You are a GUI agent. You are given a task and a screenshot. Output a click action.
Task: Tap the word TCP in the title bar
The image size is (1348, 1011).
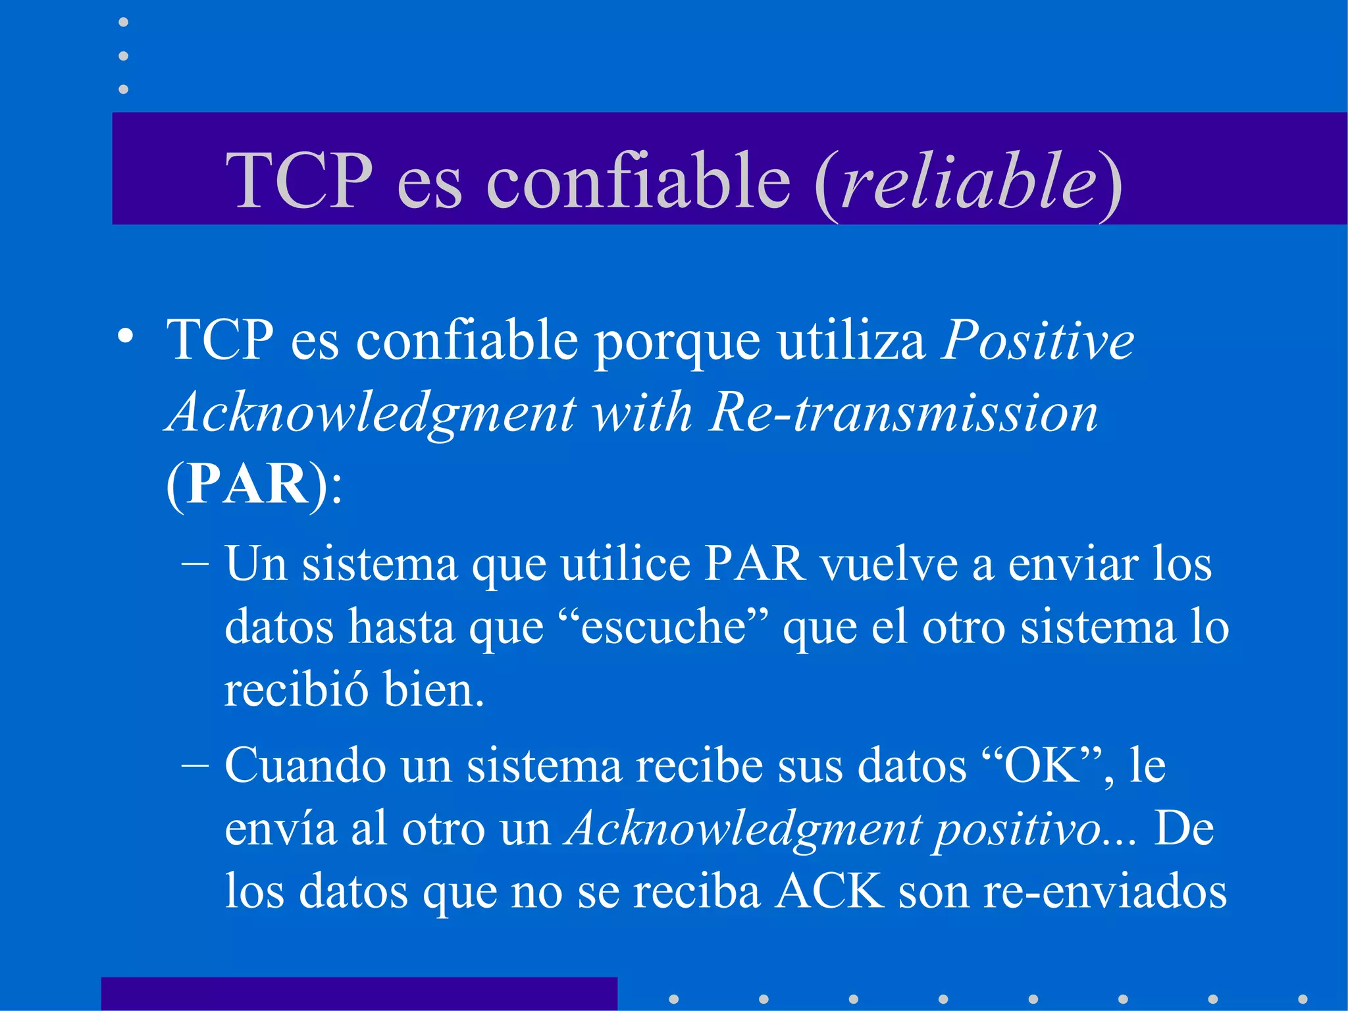(x=299, y=180)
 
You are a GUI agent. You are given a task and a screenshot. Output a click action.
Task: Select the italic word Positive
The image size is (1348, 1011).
(x=1038, y=341)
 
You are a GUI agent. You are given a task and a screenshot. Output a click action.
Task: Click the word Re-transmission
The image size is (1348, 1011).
(x=903, y=413)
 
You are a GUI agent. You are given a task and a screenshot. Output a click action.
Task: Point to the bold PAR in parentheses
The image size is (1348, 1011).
(x=247, y=484)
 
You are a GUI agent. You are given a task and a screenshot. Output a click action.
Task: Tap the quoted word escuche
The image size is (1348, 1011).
(x=663, y=627)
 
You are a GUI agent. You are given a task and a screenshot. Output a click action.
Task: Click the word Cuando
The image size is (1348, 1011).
(x=305, y=765)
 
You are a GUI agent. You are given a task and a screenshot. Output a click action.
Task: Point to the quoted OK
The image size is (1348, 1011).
(x=1042, y=765)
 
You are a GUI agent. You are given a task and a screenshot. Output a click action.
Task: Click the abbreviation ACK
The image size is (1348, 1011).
(x=829, y=891)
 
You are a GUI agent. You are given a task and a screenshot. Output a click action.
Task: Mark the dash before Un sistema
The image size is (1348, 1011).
(x=195, y=564)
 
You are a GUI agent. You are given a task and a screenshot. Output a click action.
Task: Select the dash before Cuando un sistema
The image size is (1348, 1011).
(x=195, y=765)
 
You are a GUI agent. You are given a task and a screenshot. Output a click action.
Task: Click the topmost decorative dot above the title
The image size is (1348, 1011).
(x=123, y=22)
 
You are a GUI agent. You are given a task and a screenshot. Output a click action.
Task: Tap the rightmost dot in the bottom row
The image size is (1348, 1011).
(x=1303, y=999)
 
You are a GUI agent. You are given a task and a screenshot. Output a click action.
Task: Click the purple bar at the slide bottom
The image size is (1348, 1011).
(x=359, y=994)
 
